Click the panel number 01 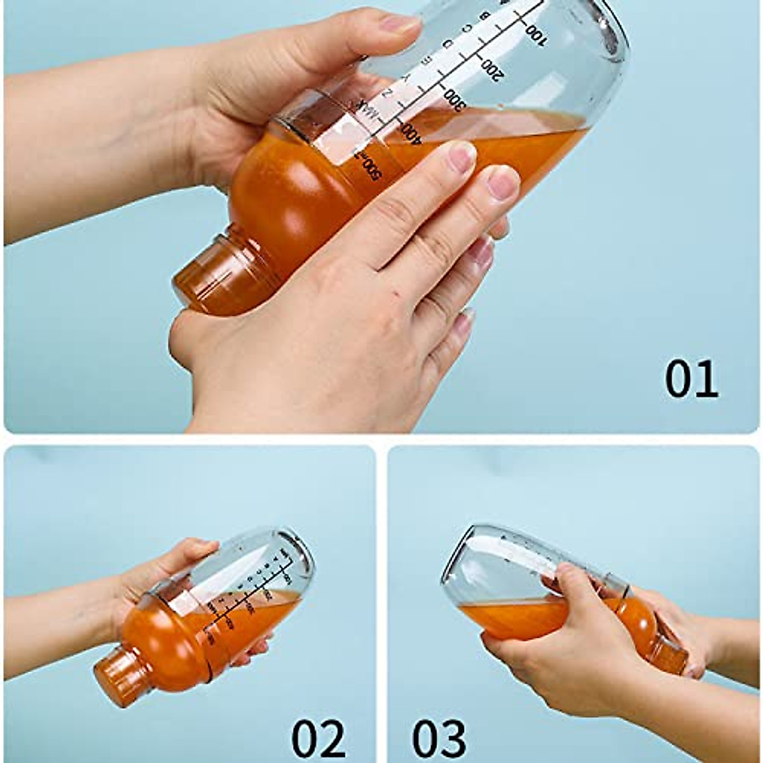click(x=691, y=379)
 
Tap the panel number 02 click(x=318, y=738)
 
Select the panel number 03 click(x=439, y=738)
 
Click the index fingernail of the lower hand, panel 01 click(x=461, y=156)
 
